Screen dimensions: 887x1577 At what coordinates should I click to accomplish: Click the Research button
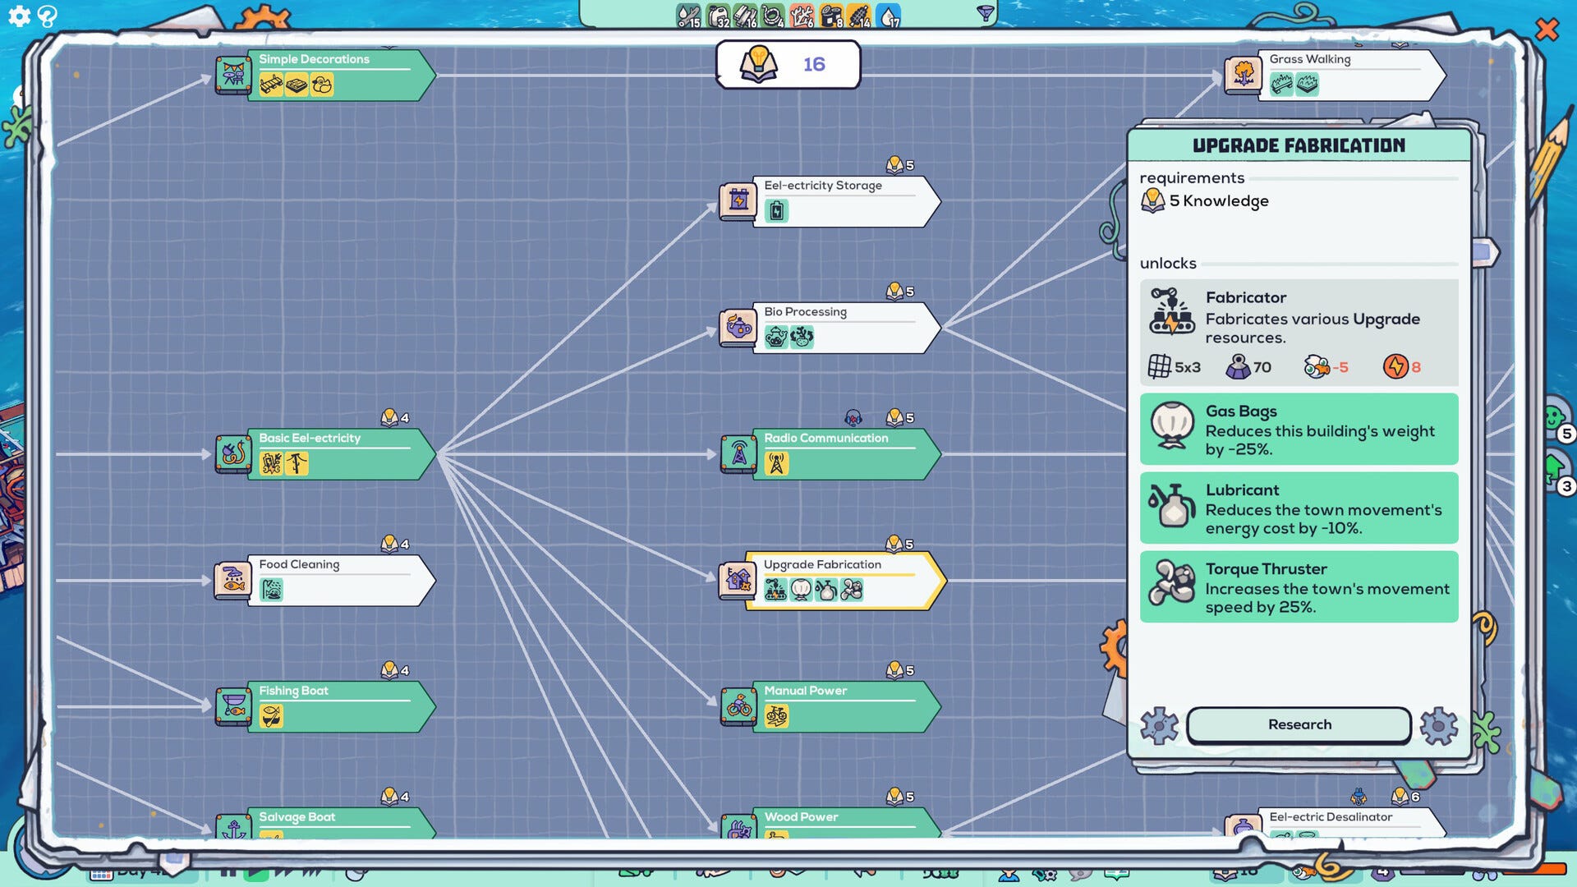1299,724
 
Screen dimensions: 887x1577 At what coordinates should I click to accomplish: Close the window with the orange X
1547,30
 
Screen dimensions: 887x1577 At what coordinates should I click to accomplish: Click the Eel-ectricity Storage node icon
738,200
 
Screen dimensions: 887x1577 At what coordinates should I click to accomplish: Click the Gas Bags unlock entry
1299,429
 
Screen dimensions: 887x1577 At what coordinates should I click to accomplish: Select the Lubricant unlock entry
1299,508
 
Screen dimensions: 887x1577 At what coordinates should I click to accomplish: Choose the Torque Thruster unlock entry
1299,586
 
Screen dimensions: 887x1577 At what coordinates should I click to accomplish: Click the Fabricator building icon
1171,311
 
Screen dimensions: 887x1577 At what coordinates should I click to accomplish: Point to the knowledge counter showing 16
788,64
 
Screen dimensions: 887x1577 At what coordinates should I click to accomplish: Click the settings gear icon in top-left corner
19,16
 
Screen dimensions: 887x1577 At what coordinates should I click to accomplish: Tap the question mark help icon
48,16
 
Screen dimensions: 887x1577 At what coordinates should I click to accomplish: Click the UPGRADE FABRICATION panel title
1299,145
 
